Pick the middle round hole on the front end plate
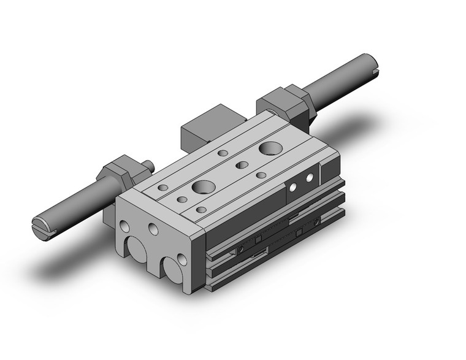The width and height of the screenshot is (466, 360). (153, 229)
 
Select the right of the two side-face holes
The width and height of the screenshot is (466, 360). (310, 178)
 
